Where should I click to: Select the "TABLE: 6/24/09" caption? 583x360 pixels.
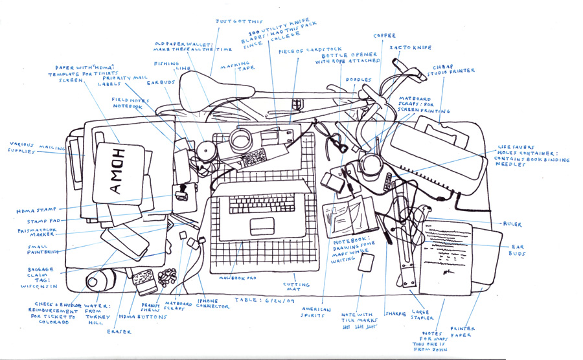click(258, 300)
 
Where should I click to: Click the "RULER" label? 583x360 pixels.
click(512, 224)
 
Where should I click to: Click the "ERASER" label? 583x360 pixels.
click(119, 332)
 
